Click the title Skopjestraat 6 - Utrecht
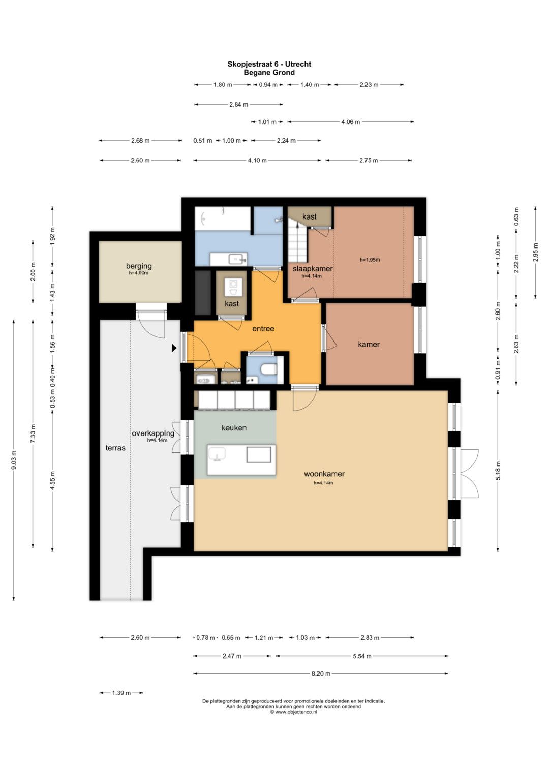[x=269, y=64]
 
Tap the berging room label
[x=139, y=266]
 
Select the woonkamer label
[x=324, y=474]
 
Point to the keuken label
[x=234, y=428]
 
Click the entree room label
[x=263, y=328]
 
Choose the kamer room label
[x=369, y=344]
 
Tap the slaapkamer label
[x=313, y=268]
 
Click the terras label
[x=115, y=448]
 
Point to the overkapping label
[x=153, y=433]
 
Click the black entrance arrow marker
[x=174, y=348]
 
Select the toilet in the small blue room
[x=269, y=369]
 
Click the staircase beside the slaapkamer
[x=297, y=239]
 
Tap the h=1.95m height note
[x=370, y=260]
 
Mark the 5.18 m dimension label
[x=498, y=471]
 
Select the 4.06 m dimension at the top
[x=350, y=122]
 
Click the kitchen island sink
[x=216, y=454]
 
